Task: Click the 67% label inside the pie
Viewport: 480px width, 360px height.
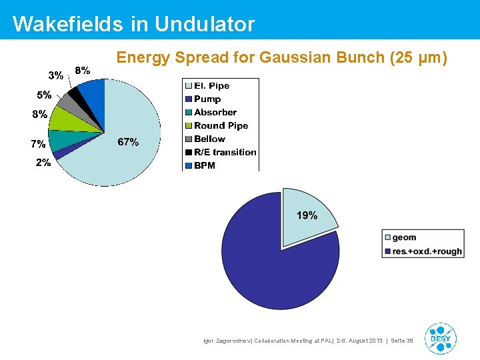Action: pos(128,142)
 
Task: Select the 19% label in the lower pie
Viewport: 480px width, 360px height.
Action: pos(307,215)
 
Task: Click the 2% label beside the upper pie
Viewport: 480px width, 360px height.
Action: pos(43,163)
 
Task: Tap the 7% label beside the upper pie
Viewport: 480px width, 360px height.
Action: pos(38,143)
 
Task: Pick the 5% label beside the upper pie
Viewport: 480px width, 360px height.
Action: pos(44,95)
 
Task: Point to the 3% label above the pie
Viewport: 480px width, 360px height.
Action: pos(55,75)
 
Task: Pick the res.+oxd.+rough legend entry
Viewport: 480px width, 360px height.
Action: pos(422,251)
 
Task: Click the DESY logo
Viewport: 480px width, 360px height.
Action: pos(440,338)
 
